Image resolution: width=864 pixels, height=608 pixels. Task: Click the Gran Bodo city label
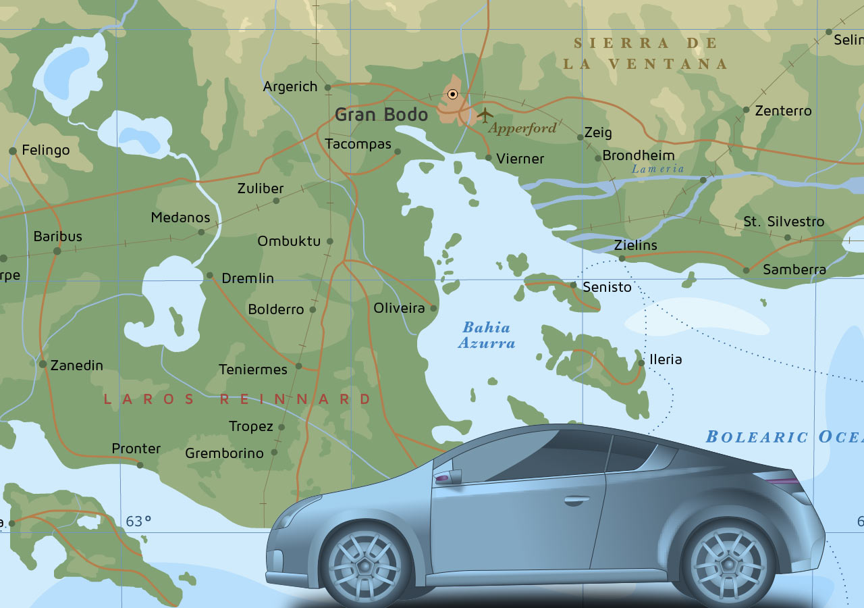[381, 114]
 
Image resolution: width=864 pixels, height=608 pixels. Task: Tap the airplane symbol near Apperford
[485, 115]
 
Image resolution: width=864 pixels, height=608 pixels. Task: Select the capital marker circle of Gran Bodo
[452, 95]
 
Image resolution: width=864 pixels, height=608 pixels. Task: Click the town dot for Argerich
[327, 87]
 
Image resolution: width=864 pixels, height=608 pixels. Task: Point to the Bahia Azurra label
[486, 335]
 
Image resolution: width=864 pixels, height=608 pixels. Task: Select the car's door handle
[576, 501]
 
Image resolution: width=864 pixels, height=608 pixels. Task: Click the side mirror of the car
[448, 477]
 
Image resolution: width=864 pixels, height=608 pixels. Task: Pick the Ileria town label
[666, 359]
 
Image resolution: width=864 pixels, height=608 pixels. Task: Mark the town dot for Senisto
[573, 285]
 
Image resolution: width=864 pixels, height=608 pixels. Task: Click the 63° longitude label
[138, 521]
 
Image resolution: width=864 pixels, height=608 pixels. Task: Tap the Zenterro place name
[783, 111]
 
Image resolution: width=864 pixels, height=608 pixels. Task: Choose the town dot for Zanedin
[43, 364]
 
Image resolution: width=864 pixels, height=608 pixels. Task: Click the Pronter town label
[136, 449]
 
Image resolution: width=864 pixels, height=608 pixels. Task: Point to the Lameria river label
[658, 169]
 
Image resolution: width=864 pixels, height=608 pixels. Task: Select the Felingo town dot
[12, 151]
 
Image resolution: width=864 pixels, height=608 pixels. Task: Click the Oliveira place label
[400, 308]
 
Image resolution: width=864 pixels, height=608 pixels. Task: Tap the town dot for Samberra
[746, 270]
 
